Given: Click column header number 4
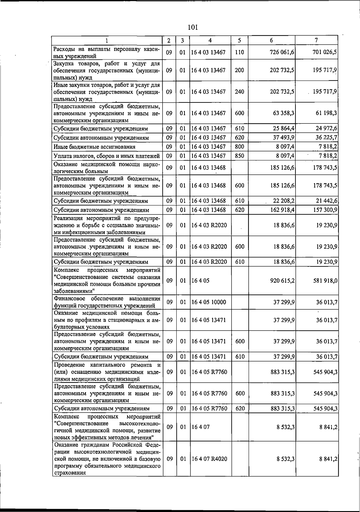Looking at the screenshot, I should [210, 40].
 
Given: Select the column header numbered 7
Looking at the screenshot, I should [316, 40].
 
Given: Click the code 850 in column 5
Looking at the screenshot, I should [239, 156].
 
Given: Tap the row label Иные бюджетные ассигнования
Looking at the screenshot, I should [94, 147].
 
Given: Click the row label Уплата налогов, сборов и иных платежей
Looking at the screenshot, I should [106, 156].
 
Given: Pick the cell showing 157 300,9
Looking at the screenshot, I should [325, 210].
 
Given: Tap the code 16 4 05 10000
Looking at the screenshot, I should [209, 302].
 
